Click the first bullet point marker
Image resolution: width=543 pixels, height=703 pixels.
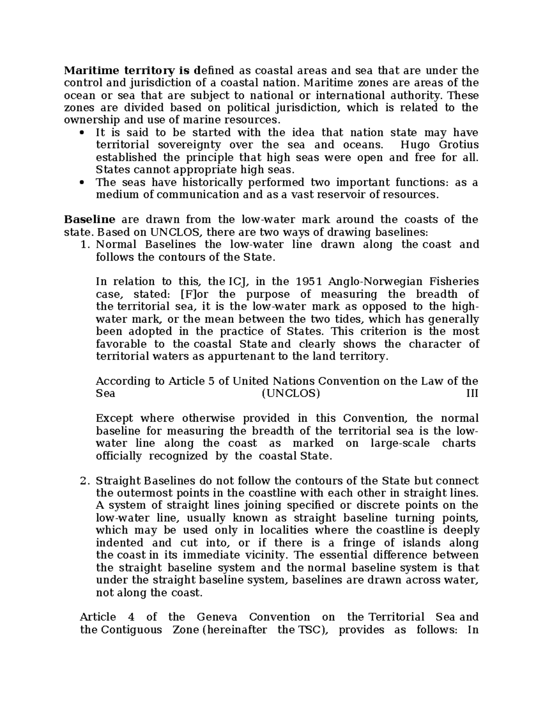tap(82, 133)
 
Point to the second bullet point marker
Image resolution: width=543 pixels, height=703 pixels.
tap(82, 183)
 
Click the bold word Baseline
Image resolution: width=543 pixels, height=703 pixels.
tap(90, 220)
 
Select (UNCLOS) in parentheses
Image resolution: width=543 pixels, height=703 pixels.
tap(291, 393)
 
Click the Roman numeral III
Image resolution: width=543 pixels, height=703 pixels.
tap(472, 393)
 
